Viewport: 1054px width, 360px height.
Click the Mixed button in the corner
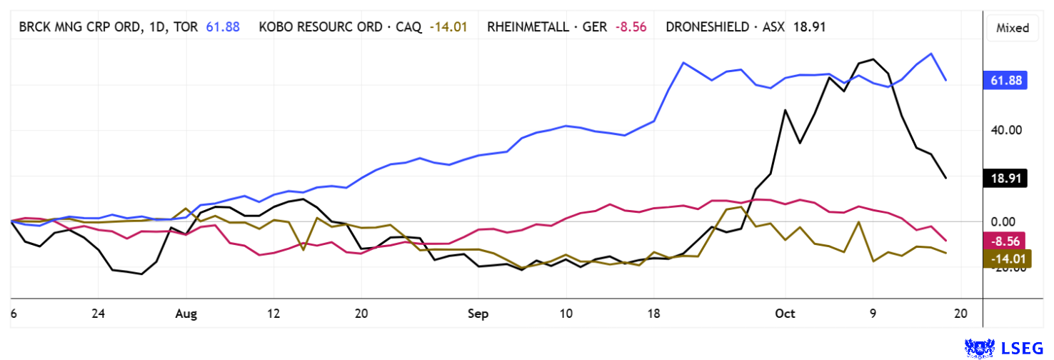tap(1012, 28)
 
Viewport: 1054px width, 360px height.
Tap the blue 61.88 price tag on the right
tap(1005, 80)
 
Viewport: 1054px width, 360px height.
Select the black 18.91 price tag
tap(1005, 178)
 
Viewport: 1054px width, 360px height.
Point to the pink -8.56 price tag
tap(1005, 241)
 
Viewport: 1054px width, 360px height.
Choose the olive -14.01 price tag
tap(1005, 259)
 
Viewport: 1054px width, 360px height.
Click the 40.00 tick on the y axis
tap(1003, 130)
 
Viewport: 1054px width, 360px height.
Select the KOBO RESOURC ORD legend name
tap(319, 27)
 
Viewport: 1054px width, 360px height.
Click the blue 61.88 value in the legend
tap(223, 27)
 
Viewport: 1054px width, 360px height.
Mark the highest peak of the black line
tap(872, 59)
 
